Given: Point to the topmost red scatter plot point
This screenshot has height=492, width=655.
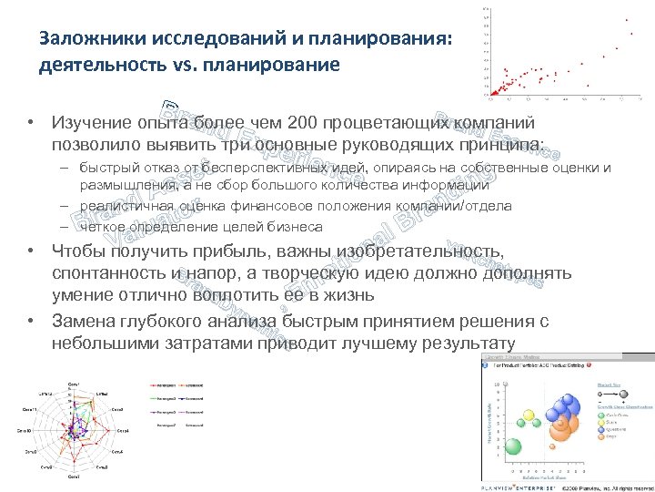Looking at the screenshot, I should [627, 19].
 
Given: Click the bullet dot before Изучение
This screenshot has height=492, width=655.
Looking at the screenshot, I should [31, 123].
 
